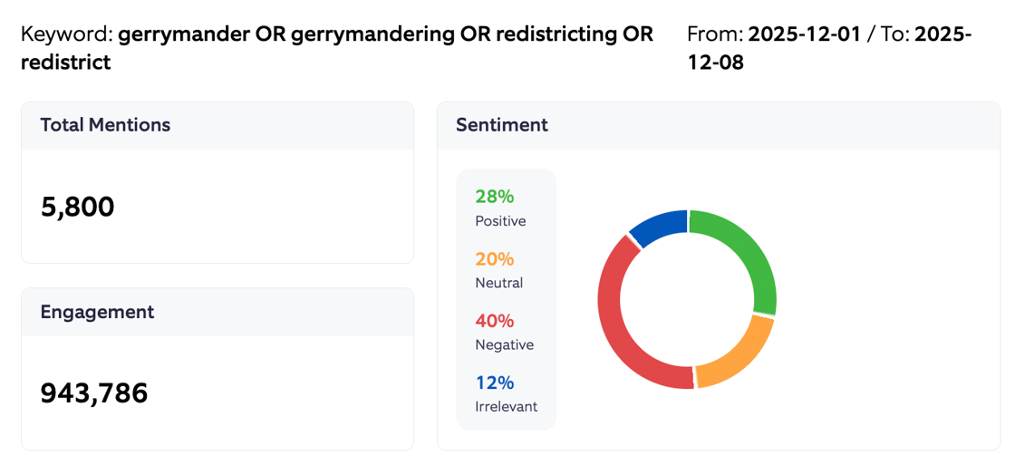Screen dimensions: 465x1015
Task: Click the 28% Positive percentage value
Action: coord(494,197)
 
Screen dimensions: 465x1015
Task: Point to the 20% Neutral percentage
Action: coord(494,259)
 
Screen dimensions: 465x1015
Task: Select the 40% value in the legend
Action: coord(494,321)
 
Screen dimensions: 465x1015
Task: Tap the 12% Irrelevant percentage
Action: coord(494,383)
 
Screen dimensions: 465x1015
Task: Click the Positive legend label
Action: coord(500,221)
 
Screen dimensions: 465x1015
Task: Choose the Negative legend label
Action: coord(504,345)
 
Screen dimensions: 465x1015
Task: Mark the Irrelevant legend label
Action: coord(506,407)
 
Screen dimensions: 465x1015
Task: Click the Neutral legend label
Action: coord(498,283)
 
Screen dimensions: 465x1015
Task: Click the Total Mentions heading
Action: coord(105,125)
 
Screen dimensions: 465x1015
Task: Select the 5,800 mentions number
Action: coord(77,208)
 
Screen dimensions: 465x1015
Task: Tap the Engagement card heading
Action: coord(97,312)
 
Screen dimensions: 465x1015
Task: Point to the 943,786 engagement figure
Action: coord(93,393)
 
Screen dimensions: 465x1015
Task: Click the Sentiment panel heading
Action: coord(501,125)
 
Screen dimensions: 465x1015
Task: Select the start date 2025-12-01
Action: coord(804,35)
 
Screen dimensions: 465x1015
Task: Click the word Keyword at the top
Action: coord(66,35)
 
